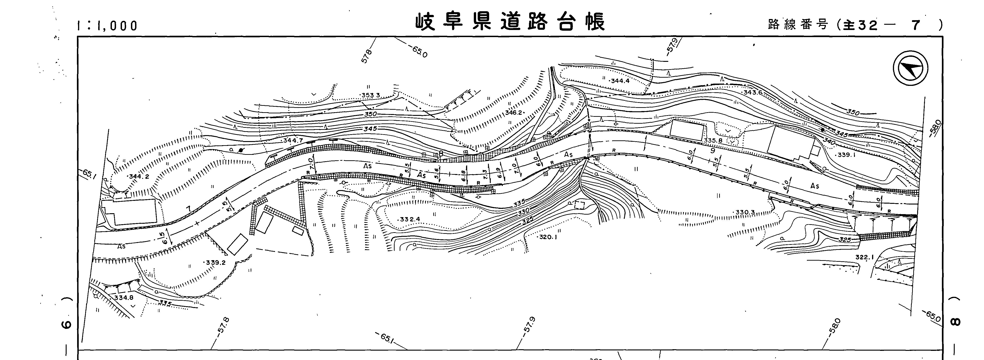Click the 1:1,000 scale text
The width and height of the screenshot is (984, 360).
pyautogui.click(x=107, y=26)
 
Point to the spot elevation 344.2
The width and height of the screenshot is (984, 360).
pyautogui.click(x=139, y=177)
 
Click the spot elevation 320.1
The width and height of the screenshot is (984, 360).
pyautogui.click(x=548, y=237)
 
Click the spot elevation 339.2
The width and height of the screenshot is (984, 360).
pyautogui.click(x=215, y=263)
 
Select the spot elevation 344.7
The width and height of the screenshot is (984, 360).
pyautogui.click(x=293, y=141)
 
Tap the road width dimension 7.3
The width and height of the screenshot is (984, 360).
pyautogui.click(x=485, y=174)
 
